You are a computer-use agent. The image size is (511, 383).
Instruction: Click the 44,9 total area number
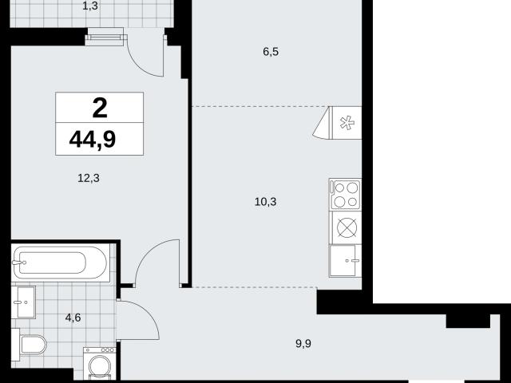pos(93,140)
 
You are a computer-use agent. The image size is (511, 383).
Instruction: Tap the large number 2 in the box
pos(100,109)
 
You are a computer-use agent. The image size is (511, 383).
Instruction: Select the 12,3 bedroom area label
pos(89,178)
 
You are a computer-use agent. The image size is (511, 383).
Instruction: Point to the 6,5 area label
pos(271,51)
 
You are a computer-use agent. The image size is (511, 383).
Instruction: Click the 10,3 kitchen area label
pos(265,202)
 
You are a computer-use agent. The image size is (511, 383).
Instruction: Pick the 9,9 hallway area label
pos(303,343)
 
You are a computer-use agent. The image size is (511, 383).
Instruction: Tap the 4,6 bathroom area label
pos(73,318)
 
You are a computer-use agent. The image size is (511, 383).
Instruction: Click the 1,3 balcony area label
pos(90,6)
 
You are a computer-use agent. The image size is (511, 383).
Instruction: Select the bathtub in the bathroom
pos(61,263)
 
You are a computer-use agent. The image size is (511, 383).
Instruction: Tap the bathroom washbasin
pos(23,302)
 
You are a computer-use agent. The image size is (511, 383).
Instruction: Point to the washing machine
pos(100,364)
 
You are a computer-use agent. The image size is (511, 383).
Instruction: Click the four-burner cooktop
pos(346,195)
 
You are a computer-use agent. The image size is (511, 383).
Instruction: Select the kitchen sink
pos(346,261)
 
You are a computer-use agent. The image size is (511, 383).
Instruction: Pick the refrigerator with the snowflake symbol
pos(346,123)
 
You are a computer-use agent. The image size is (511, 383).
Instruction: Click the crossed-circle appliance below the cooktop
pos(346,227)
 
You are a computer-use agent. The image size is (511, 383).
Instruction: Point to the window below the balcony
pos(106,37)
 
